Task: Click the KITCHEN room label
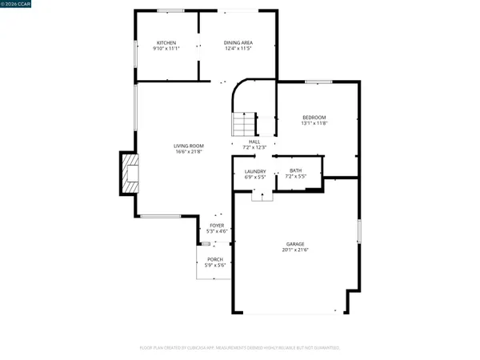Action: (166, 42)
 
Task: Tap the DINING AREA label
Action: (238, 42)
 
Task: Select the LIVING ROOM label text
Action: (189, 146)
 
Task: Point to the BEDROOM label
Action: (314, 118)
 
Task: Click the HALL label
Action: (254, 142)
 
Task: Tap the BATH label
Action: (295, 171)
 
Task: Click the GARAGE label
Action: (295, 244)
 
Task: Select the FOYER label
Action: (217, 226)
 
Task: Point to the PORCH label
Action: (215, 259)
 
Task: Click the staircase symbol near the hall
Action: (243, 125)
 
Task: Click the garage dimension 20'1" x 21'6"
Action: (295, 250)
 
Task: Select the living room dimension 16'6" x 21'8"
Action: (189, 152)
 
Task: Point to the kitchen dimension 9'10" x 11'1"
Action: (166, 49)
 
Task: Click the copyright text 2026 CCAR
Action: (18, 4)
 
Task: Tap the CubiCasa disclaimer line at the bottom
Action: (240, 348)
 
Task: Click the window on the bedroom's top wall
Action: (318, 81)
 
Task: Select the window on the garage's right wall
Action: (359, 231)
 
